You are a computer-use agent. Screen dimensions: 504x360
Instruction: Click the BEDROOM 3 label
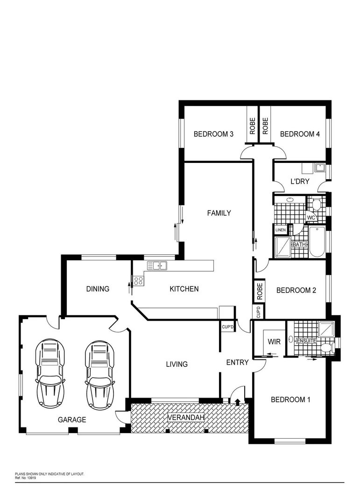[x=213, y=134]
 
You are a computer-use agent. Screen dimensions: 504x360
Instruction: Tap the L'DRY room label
[x=300, y=182]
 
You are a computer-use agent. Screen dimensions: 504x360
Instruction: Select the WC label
[x=311, y=217]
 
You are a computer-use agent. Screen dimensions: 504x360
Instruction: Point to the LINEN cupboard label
[x=280, y=230]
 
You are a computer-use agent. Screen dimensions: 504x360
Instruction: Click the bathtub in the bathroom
[x=317, y=241]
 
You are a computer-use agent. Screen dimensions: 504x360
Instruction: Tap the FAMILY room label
[x=219, y=213]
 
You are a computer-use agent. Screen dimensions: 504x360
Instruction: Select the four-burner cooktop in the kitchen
[x=139, y=281]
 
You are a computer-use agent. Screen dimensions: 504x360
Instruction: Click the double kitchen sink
[x=157, y=266]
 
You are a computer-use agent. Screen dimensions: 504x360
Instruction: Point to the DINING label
[x=98, y=289]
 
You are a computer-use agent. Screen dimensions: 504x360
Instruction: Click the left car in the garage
[x=49, y=373]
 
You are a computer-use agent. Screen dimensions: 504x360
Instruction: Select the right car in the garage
[x=99, y=373]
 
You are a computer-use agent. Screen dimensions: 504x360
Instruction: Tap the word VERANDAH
[x=186, y=417]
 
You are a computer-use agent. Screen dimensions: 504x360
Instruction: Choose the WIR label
[x=274, y=342]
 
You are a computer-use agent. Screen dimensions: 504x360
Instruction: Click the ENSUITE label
[x=307, y=341]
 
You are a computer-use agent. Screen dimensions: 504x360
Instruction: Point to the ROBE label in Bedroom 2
[x=260, y=292]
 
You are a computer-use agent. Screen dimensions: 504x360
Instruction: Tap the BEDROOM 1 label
[x=290, y=399]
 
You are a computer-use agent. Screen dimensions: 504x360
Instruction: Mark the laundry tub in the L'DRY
[x=320, y=168]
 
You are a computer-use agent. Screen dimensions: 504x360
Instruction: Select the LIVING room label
[x=176, y=364]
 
